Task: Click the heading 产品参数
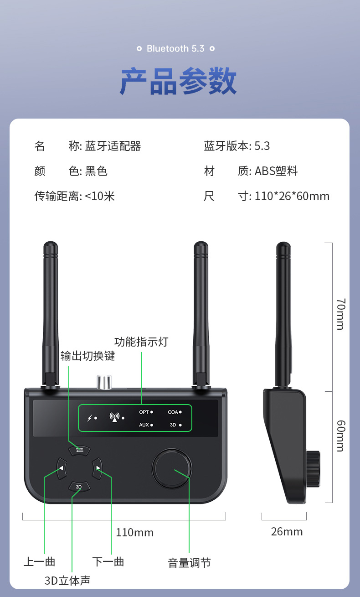tap(178, 81)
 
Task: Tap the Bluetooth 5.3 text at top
tap(175, 48)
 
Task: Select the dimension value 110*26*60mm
tap(292, 196)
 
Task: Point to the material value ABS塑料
tap(276, 171)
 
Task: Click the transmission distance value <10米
tap(100, 196)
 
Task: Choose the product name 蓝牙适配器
tap(113, 146)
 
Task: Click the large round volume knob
tap(172, 468)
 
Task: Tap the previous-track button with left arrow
tap(62, 467)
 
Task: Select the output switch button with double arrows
tap(80, 450)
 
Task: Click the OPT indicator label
tap(144, 412)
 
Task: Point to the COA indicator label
tap(173, 412)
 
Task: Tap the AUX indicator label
tap(144, 425)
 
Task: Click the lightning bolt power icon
tap(89, 418)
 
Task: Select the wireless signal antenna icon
tap(114, 417)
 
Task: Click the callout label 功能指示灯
tap(141, 342)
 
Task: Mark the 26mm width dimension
tap(287, 531)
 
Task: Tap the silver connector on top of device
tap(104, 382)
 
